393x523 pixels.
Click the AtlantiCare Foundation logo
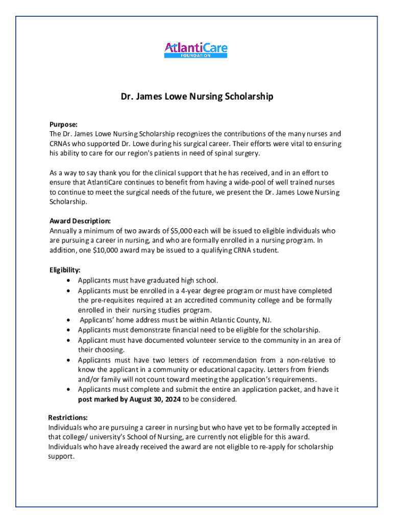(196, 50)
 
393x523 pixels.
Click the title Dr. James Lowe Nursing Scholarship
(196, 96)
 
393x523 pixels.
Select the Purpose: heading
(63, 124)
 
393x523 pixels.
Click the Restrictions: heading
(68, 417)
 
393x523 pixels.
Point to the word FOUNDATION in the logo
(196, 56)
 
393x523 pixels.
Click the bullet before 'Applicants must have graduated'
(68, 280)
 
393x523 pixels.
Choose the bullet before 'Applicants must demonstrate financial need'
(68, 330)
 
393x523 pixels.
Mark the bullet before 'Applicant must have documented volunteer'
(68, 340)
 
